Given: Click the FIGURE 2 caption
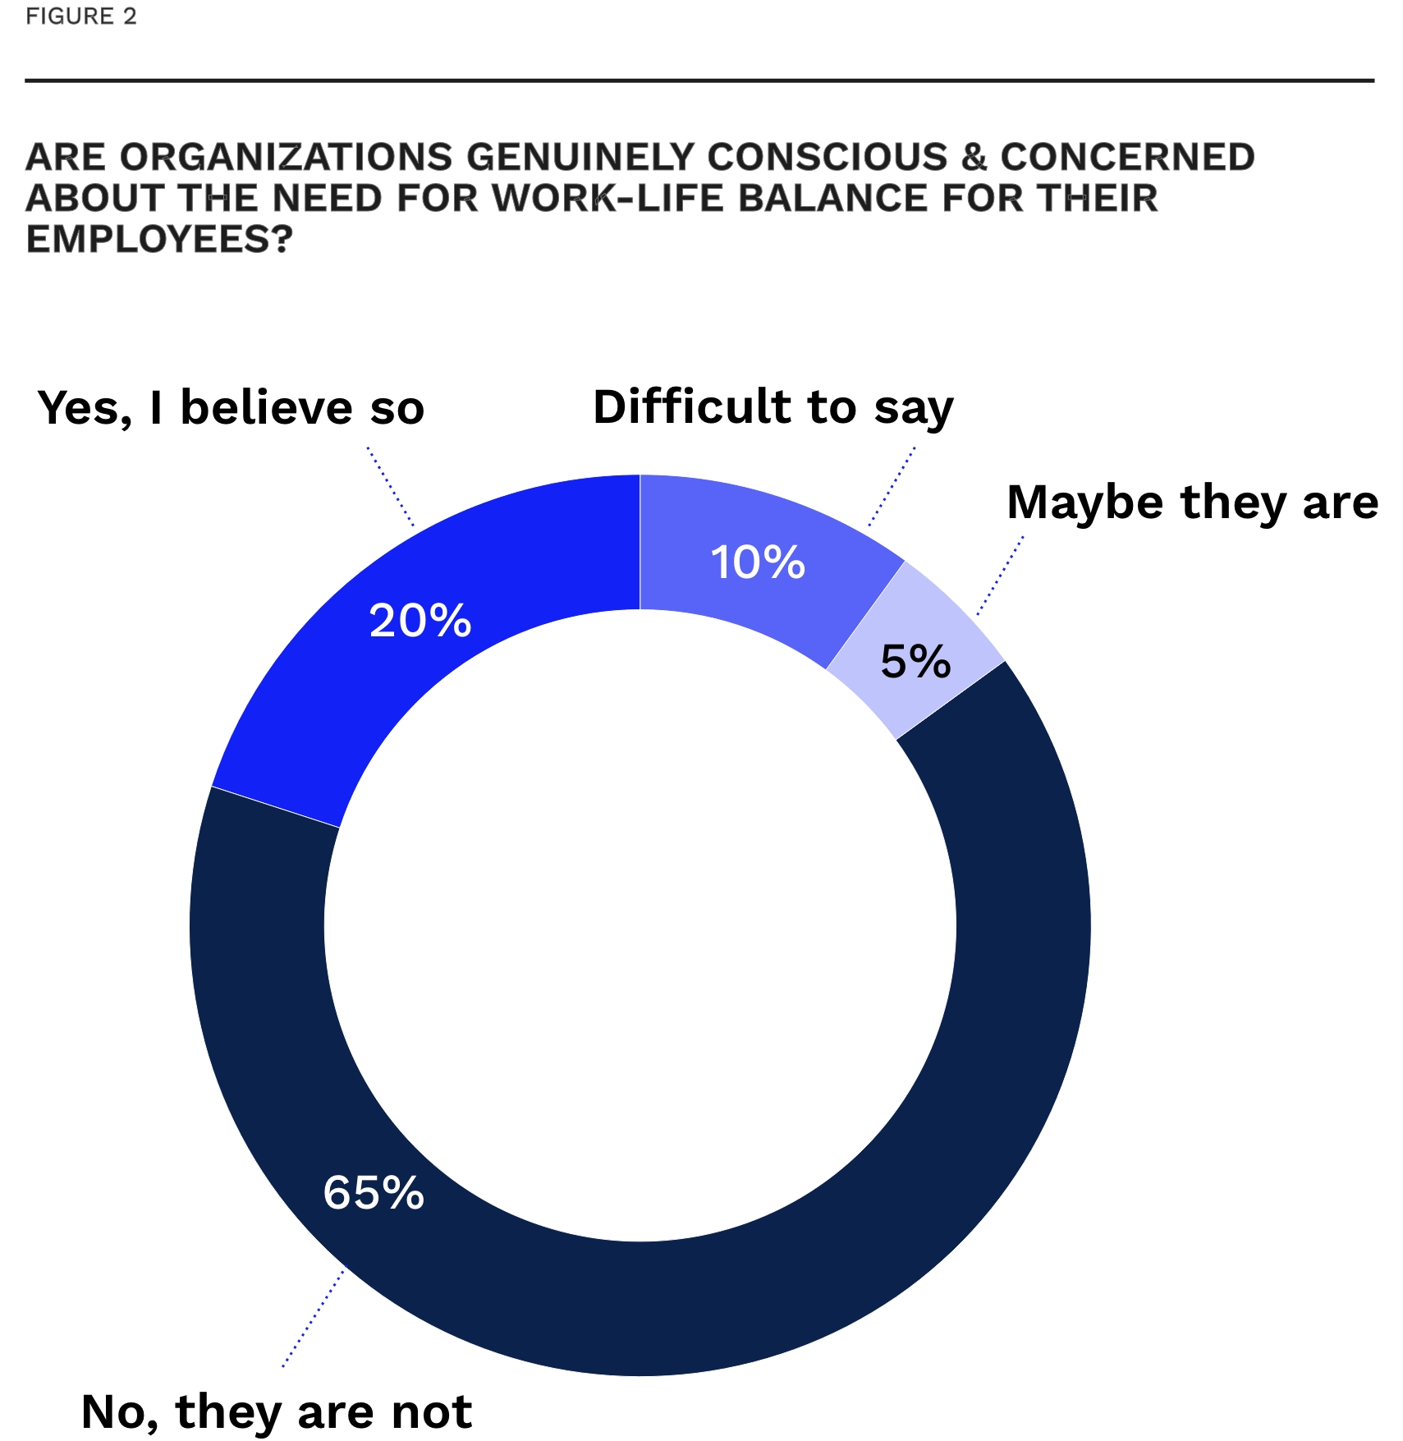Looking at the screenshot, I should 81,16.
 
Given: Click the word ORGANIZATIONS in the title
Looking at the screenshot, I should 286,157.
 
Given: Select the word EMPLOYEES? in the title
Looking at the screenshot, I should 159,239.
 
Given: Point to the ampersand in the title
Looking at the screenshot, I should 974,157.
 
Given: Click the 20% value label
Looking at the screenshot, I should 420,621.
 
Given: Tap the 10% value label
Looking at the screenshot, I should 757,563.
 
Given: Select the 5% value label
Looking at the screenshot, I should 915,662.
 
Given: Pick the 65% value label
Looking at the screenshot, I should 374,1192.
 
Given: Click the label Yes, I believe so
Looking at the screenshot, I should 231,407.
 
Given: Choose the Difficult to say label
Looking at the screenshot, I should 773,407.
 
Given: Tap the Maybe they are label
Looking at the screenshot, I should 1192,502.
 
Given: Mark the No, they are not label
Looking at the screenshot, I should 277,1411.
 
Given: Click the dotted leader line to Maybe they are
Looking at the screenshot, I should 1001,576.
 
